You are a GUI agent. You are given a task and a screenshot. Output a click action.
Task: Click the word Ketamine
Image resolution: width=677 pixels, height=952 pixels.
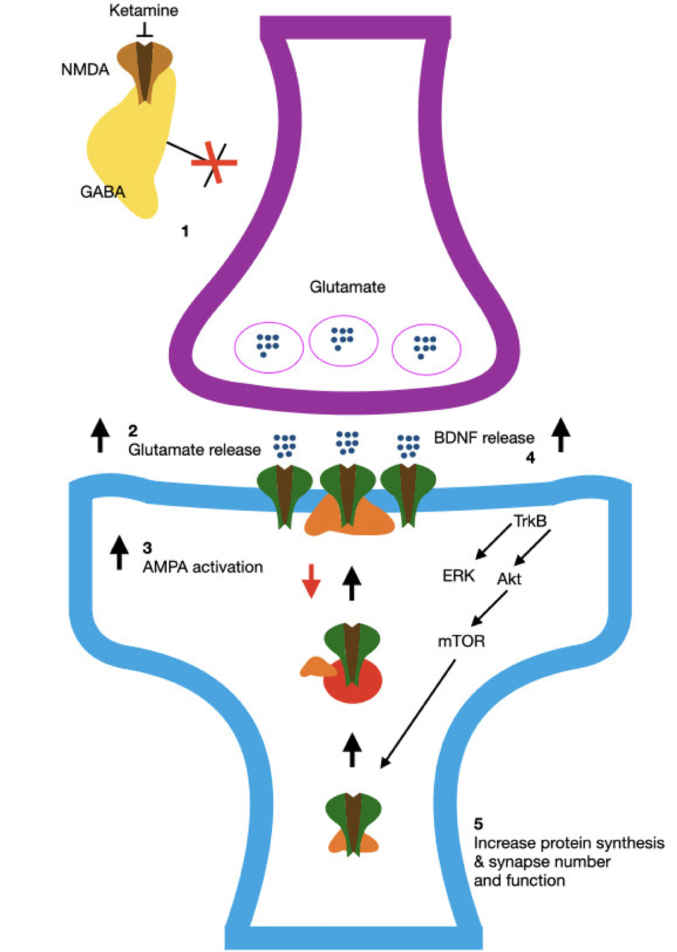click(143, 11)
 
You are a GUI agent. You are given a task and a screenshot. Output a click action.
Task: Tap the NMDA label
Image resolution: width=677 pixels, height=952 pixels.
click(85, 69)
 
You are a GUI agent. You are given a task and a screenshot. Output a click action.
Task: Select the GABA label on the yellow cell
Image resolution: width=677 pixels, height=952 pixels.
click(102, 192)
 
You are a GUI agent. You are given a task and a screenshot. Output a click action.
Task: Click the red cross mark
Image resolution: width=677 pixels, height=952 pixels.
click(215, 163)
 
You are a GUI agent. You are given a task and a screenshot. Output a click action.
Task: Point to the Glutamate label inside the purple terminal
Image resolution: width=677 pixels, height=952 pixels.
click(347, 287)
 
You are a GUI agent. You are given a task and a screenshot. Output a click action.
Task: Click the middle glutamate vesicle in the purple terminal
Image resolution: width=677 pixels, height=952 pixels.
click(343, 340)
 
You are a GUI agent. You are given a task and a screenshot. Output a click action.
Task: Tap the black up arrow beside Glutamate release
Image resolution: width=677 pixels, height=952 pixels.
click(100, 435)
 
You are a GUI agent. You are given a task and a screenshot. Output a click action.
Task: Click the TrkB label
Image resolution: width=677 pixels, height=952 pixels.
click(530, 521)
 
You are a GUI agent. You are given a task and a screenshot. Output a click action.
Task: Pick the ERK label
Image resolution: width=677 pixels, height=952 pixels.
click(458, 576)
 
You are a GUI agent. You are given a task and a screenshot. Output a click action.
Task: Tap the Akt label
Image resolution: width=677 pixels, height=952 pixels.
click(509, 579)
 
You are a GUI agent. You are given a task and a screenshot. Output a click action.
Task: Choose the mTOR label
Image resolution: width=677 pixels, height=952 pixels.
click(461, 641)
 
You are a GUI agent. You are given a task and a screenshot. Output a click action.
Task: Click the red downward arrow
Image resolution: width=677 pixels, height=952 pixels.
click(311, 581)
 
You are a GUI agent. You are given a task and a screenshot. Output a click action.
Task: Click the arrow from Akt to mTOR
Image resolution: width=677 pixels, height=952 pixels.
click(490, 608)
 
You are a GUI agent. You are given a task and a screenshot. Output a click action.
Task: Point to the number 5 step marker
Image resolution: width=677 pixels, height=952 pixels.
click(479, 824)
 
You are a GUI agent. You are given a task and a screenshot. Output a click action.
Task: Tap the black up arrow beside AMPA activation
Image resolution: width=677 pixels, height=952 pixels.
click(119, 552)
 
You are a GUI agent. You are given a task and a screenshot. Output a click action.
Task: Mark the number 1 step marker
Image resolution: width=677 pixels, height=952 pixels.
click(185, 232)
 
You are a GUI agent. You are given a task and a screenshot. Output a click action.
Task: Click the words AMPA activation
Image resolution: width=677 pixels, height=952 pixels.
click(203, 567)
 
